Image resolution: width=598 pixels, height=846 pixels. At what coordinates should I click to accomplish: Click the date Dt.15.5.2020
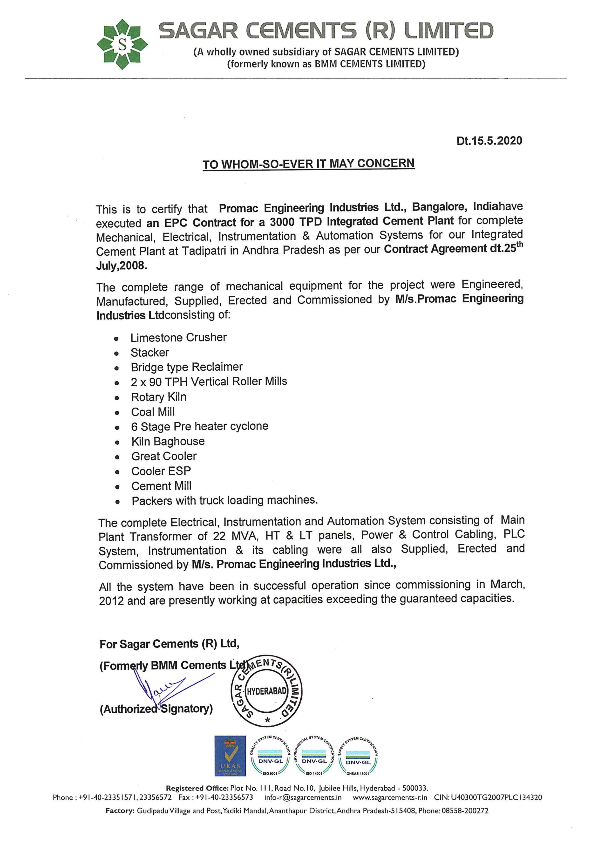tap(489, 141)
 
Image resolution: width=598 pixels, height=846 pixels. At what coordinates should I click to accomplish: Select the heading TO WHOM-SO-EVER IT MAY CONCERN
tap(308, 164)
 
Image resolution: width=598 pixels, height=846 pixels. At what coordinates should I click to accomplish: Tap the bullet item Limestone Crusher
tap(178, 338)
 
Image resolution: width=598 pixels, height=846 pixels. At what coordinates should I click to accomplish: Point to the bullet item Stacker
tap(149, 353)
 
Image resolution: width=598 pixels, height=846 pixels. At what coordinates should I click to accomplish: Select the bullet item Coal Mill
tap(153, 412)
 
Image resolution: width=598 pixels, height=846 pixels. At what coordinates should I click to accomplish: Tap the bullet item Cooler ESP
tap(161, 471)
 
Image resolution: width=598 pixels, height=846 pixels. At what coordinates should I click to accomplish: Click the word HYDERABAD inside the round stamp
tap(266, 691)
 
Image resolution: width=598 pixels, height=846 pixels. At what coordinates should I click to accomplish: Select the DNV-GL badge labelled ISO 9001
tap(271, 757)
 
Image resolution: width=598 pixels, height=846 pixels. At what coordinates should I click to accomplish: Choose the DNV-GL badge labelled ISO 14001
tap(314, 757)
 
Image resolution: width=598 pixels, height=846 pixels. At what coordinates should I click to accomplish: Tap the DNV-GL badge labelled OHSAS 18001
tap(358, 757)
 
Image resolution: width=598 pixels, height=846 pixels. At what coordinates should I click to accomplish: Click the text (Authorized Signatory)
tap(156, 709)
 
